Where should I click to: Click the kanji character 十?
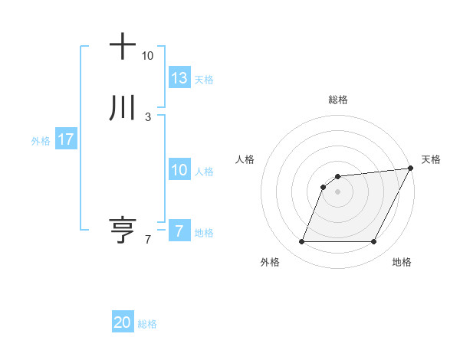pos(123,47)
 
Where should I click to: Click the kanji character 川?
pos(123,109)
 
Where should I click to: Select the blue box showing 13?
pos(179,78)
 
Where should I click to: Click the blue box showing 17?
pos(66,139)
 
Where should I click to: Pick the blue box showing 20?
pos(123,323)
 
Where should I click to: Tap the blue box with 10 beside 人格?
pos(179,170)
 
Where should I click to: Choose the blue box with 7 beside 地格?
pos(179,231)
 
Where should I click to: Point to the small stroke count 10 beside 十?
pos(147,56)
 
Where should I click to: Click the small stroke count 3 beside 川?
pos(147,117)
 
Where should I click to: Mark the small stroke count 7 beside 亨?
pos(147,240)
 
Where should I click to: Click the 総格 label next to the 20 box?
pos(147,324)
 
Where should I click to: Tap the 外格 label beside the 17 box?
pos(41,140)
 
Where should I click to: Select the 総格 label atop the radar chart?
pos(337,100)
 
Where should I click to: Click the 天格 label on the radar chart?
pos(431,159)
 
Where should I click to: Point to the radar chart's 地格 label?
pos(402,263)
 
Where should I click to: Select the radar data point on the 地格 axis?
pos(373,242)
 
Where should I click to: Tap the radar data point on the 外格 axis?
pos(301,242)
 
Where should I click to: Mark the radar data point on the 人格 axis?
pos(324,187)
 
